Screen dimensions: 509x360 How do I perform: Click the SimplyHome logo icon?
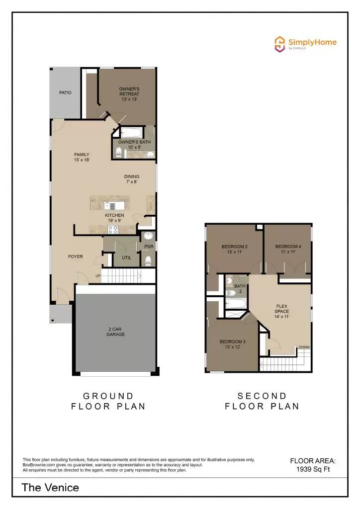(x=280, y=43)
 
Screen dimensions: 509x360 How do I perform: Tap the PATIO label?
(x=65, y=92)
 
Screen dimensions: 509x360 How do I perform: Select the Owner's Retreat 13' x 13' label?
(x=129, y=94)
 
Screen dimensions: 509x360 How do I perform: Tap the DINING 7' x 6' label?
(x=132, y=179)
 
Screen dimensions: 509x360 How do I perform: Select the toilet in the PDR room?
(x=148, y=259)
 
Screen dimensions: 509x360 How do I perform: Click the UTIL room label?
(x=127, y=257)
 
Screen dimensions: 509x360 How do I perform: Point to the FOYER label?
(x=76, y=256)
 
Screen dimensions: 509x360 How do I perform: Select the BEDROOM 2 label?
(x=235, y=249)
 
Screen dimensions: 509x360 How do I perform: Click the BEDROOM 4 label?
(x=288, y=249)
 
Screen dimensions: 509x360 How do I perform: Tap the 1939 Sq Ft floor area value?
(x=313, y=469)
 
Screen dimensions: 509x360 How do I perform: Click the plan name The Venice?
(x=50, y=487)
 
